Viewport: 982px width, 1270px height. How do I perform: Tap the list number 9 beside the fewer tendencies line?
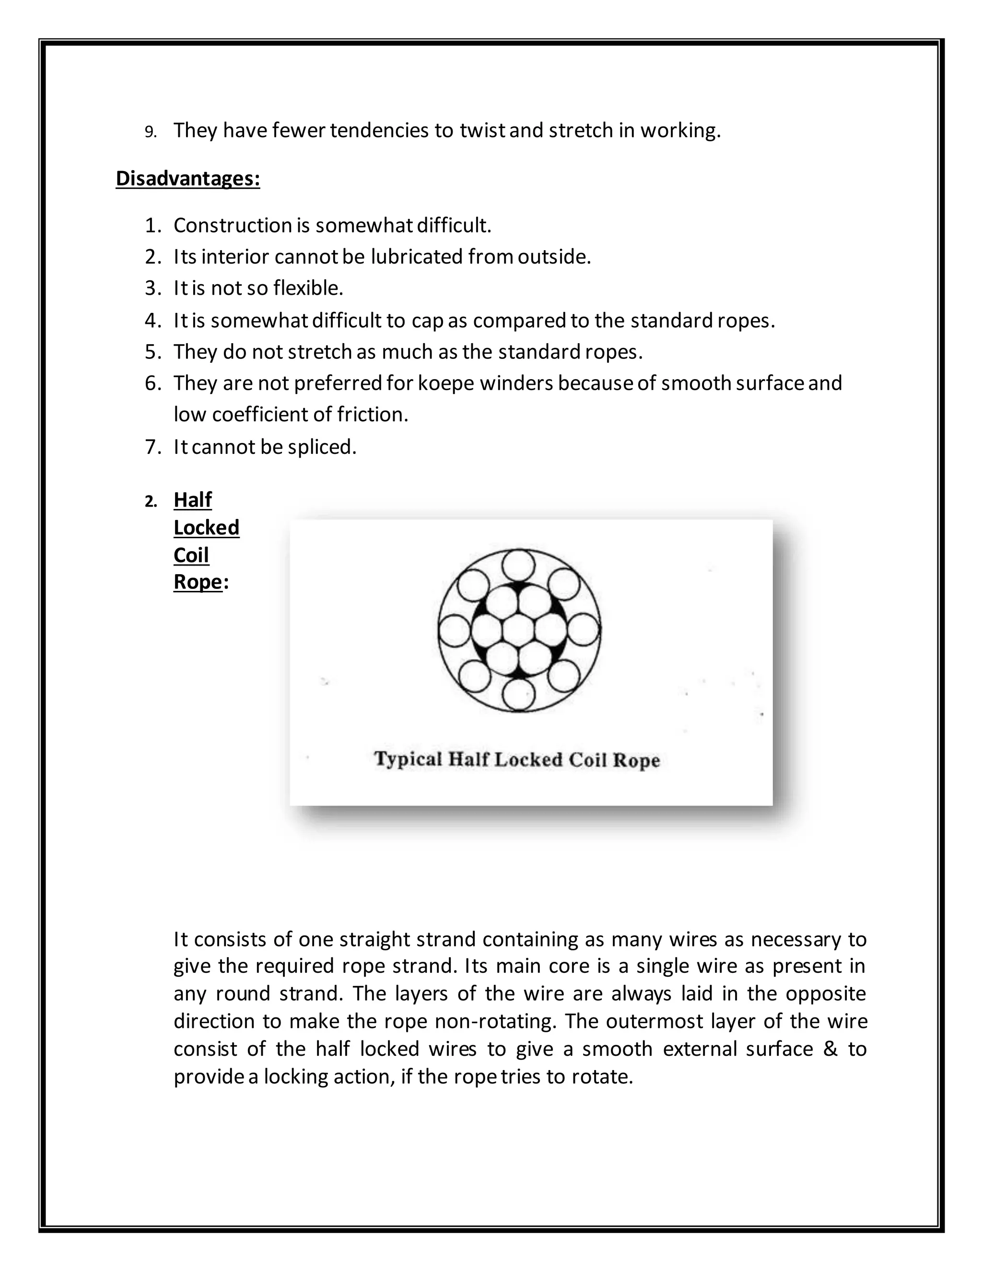(x=151, y=132)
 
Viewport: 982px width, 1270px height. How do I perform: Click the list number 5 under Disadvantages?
(x=152, y=352)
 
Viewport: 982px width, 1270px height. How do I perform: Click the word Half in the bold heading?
(x=193, y=499)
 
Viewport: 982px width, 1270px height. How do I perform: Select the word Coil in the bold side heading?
(x=191, y=555)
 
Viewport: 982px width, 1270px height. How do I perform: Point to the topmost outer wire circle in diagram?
(x=518, y=565)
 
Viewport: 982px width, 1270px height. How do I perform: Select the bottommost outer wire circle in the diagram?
(x=518, y=695)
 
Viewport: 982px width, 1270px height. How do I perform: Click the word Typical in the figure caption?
(x=408, y=760)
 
